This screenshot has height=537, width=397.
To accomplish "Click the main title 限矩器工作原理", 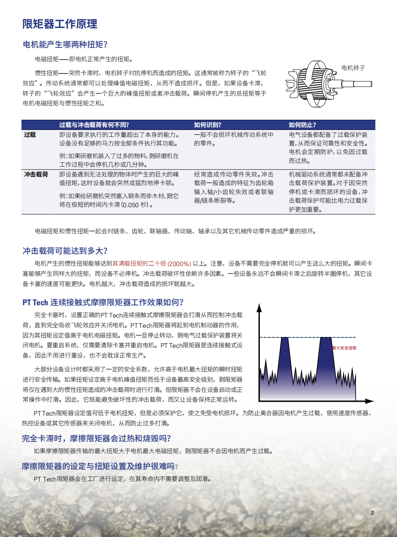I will click(60, 24).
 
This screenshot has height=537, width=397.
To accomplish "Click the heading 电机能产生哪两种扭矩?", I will click(65, 45).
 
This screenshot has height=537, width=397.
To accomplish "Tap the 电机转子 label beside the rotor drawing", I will click(353, 68).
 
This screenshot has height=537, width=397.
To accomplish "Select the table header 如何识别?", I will click(207, 125).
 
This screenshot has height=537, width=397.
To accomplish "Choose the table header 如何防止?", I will click(302, 125).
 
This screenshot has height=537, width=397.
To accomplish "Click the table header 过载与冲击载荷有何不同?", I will click(94, 125).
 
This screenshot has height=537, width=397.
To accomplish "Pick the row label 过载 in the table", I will click(30, 135).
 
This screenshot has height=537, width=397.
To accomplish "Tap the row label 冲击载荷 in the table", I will click(36, 175).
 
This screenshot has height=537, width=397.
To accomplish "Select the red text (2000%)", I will click(179, 264).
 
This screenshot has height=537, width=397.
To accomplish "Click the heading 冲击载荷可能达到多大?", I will click(65, 251).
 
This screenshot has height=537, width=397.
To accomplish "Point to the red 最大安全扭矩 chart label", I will click(344, 348).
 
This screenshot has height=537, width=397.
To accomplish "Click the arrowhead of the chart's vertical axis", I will click(259, 307).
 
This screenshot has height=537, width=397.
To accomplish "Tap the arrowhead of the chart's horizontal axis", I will click(370, 401).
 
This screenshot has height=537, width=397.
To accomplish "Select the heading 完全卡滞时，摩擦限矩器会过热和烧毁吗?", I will click(96, 439).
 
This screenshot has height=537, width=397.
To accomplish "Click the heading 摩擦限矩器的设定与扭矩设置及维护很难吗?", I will click(100, 466).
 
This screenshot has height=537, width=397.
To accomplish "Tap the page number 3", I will click(372, 512).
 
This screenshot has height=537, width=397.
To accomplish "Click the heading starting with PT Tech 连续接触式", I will click(103, 302).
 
